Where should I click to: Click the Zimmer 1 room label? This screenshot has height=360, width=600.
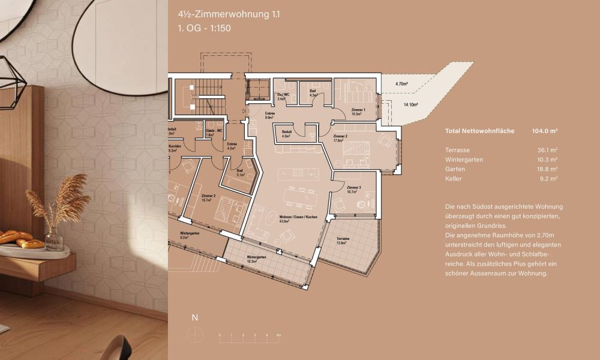[x=358, y=112]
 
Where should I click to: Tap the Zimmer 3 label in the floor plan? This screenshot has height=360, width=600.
[x=353, y=190]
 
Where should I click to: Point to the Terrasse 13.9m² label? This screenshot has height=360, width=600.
[x=343, y=241]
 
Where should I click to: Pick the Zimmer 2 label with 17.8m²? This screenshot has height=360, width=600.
[x=340, y=139]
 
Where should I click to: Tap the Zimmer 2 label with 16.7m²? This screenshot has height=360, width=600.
[x=209, y=198]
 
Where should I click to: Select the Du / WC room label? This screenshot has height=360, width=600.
[x=281, y=96]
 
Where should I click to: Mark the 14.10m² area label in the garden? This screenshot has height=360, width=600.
[x=410, y=104]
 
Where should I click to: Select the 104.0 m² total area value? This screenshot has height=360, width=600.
[x=545, y=131]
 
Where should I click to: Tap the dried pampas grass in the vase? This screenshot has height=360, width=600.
[x=60, y=198]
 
